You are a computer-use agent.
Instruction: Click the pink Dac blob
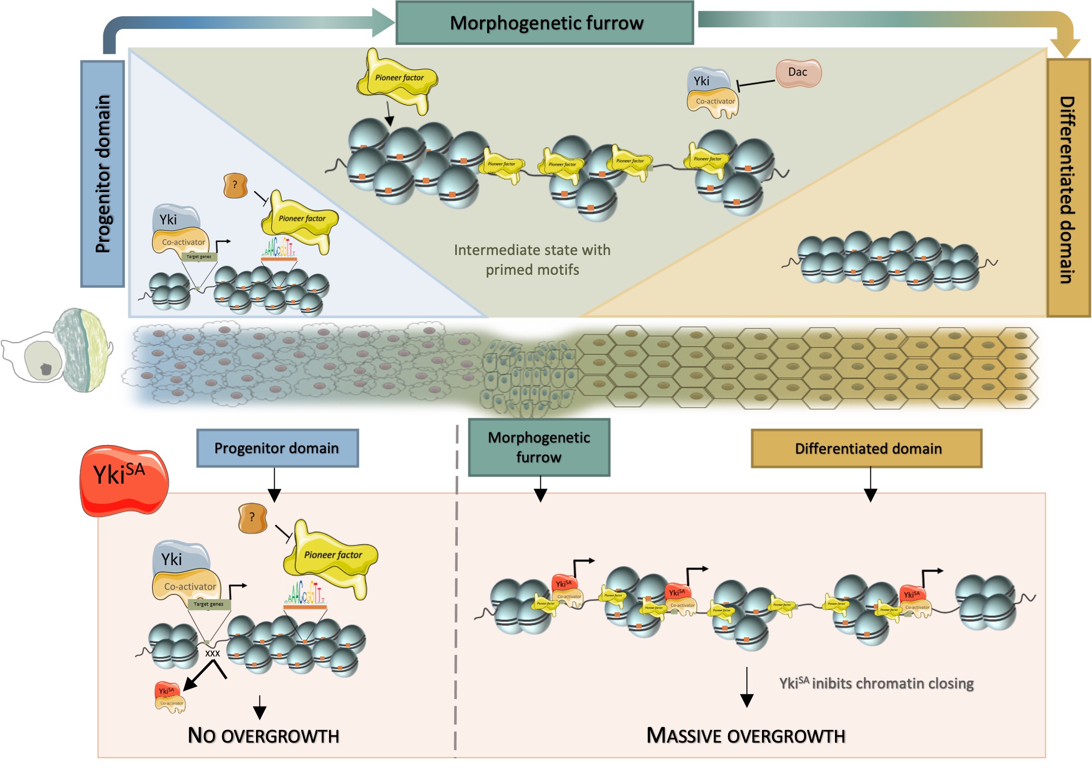[x=798, y=72]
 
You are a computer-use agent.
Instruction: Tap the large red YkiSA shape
[x=123, y=480]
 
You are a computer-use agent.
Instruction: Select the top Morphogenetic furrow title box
[x=544, y=23]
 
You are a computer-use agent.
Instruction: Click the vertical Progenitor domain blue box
[x=102, y=173]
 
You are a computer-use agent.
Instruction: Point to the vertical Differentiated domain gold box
[x=1068, y=188]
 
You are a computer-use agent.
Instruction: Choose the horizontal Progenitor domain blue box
[x=277, y=448]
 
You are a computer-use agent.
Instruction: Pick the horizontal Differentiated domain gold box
[x=866, y=449]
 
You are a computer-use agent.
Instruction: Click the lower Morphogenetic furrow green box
[x=539, y=447]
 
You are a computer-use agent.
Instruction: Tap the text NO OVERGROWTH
[x=263, y=736]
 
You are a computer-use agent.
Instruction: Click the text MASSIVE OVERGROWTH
[x=745, y=736]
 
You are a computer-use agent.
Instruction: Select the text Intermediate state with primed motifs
[x=532, y=260]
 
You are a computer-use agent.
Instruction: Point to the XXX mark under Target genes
[x=212, y=653]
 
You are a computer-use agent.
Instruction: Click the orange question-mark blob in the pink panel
[x=252, y=518]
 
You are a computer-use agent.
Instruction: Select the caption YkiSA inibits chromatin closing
[x=876, y=683]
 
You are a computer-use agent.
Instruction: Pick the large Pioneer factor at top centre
[x=397, y=79]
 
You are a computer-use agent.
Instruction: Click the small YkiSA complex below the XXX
[x=170, y=697]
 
